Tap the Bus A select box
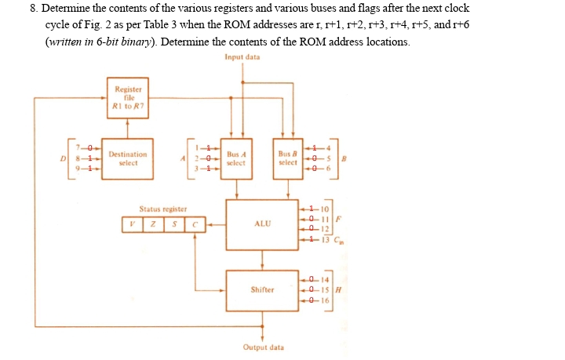pos(236,158)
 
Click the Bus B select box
pos(288,158)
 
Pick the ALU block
pos(262,224)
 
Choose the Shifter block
pos(262,289)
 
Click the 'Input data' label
pos(242,57)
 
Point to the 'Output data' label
pos(263,347)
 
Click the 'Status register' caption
pos(162,209)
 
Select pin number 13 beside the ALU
pos(326,239)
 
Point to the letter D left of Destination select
pos(65,158)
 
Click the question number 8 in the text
pos(34,8)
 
